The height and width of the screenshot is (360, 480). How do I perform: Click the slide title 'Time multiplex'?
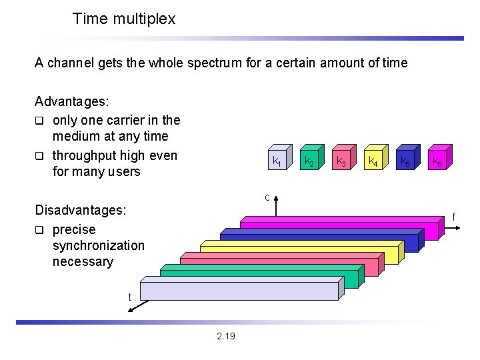123,19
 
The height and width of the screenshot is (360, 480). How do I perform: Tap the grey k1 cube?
276,160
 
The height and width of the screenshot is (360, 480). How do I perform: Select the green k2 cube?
309,160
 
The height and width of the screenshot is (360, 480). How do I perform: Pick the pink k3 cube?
341,160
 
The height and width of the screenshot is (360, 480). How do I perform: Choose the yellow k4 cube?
373,160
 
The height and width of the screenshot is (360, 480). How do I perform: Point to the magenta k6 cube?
437,160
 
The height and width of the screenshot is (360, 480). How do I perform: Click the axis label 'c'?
267,197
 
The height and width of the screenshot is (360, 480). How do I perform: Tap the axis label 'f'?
453,217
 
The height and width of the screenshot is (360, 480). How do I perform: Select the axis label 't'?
130,297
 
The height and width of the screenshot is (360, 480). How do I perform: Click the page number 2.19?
226,336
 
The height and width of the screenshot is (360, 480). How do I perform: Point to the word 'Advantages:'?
72,103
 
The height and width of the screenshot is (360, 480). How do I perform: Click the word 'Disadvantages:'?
80,210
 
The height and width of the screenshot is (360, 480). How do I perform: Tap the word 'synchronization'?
98,245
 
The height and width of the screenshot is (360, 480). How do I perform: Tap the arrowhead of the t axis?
131,309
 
